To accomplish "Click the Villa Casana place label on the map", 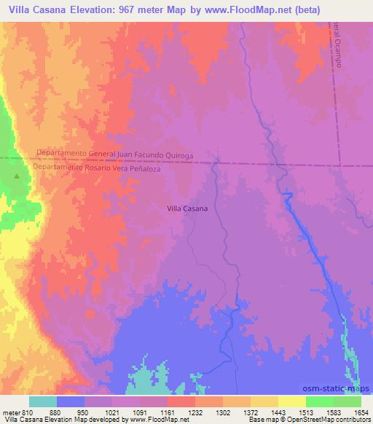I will pyautogui.click(x=187, y=208).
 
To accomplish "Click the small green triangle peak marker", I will pyautogui.click(x=17, y=176).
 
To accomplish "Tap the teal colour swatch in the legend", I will pyautogui.click(x=43, y=401).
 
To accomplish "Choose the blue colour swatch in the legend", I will pyautogui.click(x=71, y=401).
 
